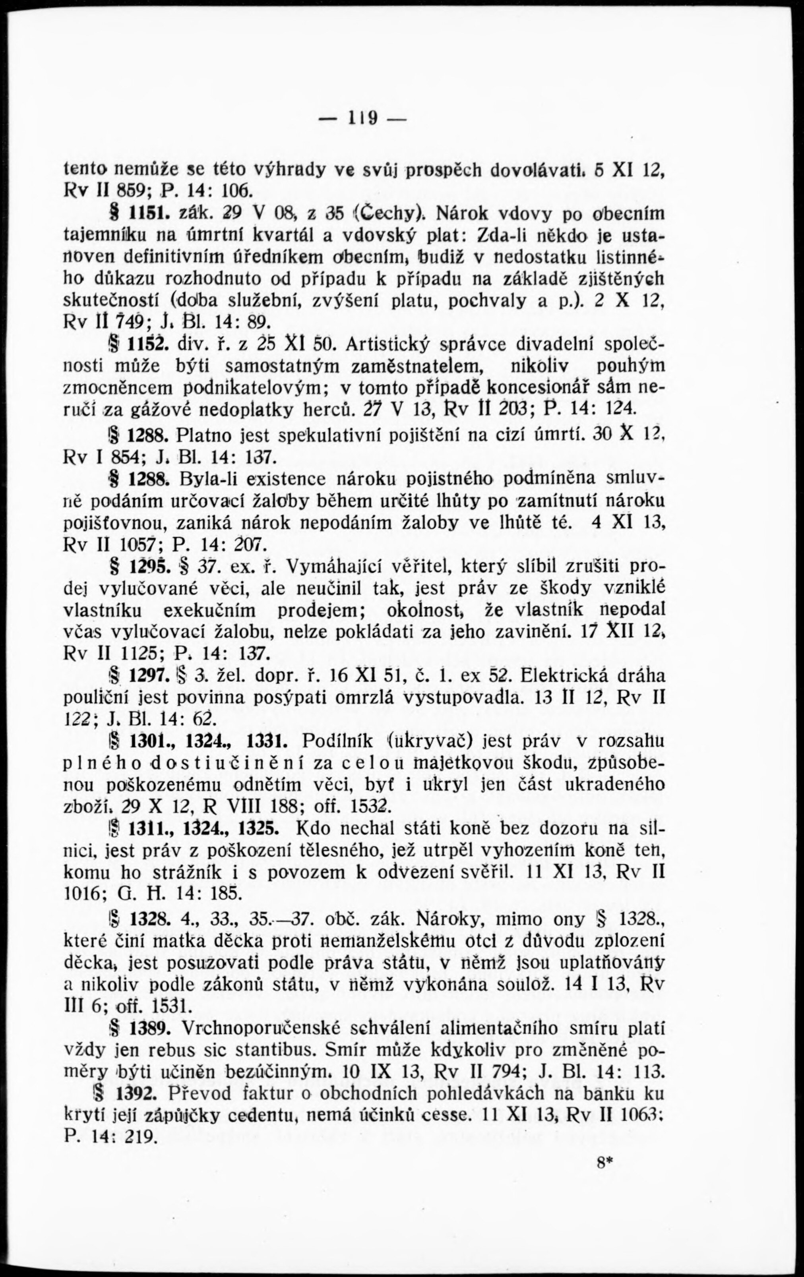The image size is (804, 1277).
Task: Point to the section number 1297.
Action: [149, 676]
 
